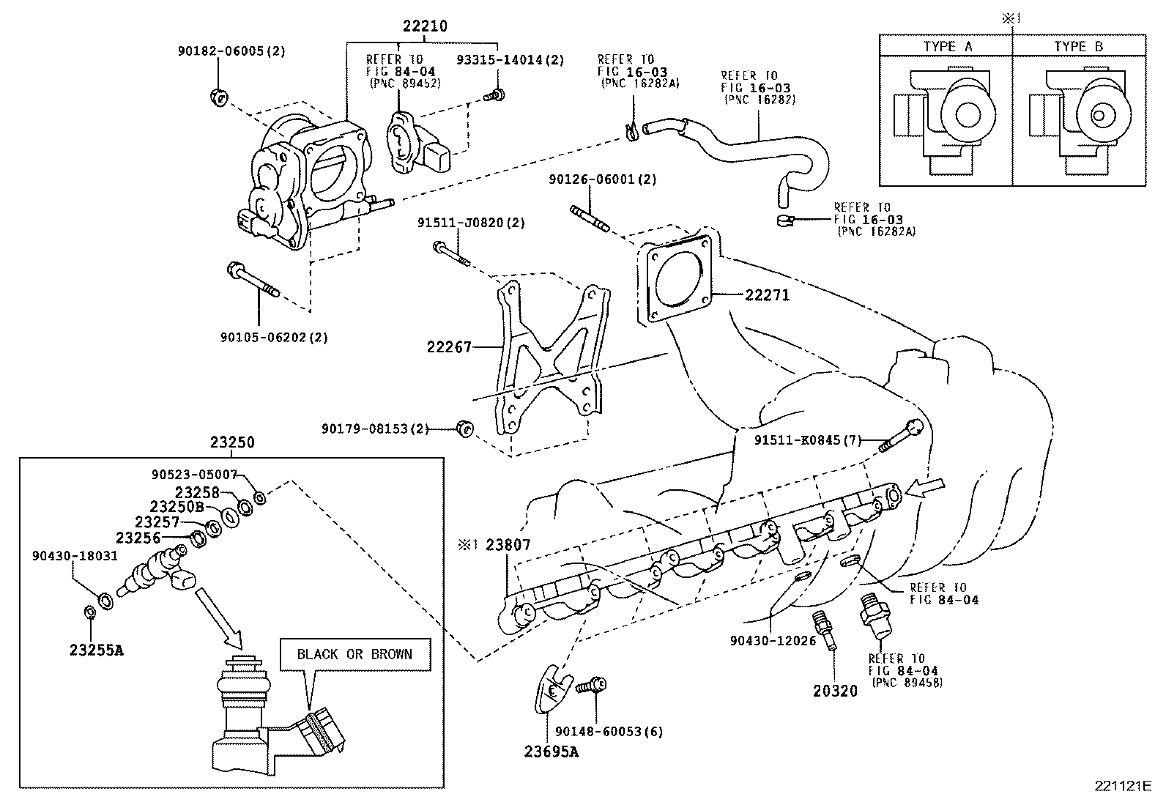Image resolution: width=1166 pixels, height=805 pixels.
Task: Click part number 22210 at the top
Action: (424, 26)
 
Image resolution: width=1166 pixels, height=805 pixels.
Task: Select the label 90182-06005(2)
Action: (231, 51)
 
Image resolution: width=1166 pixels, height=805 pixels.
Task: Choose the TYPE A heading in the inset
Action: (947, 46)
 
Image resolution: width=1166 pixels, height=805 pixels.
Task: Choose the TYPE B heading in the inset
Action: (1078, 46)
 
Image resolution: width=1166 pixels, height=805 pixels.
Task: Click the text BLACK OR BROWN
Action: (354, 654)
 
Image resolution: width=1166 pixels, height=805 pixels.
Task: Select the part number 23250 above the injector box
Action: (232, 442)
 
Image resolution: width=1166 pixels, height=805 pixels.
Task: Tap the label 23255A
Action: (97, 649)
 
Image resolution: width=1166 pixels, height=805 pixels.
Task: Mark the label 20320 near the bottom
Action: (835, 690)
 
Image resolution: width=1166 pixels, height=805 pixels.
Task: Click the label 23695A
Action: (551, 751)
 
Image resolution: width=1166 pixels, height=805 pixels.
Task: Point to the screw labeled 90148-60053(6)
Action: (591, 686)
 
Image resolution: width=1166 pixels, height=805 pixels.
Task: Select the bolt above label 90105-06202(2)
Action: (252, 281)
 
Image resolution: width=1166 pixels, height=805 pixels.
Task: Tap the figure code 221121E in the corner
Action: (1123, 786)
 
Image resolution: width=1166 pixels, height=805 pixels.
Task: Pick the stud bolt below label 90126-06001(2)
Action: (587, 218)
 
